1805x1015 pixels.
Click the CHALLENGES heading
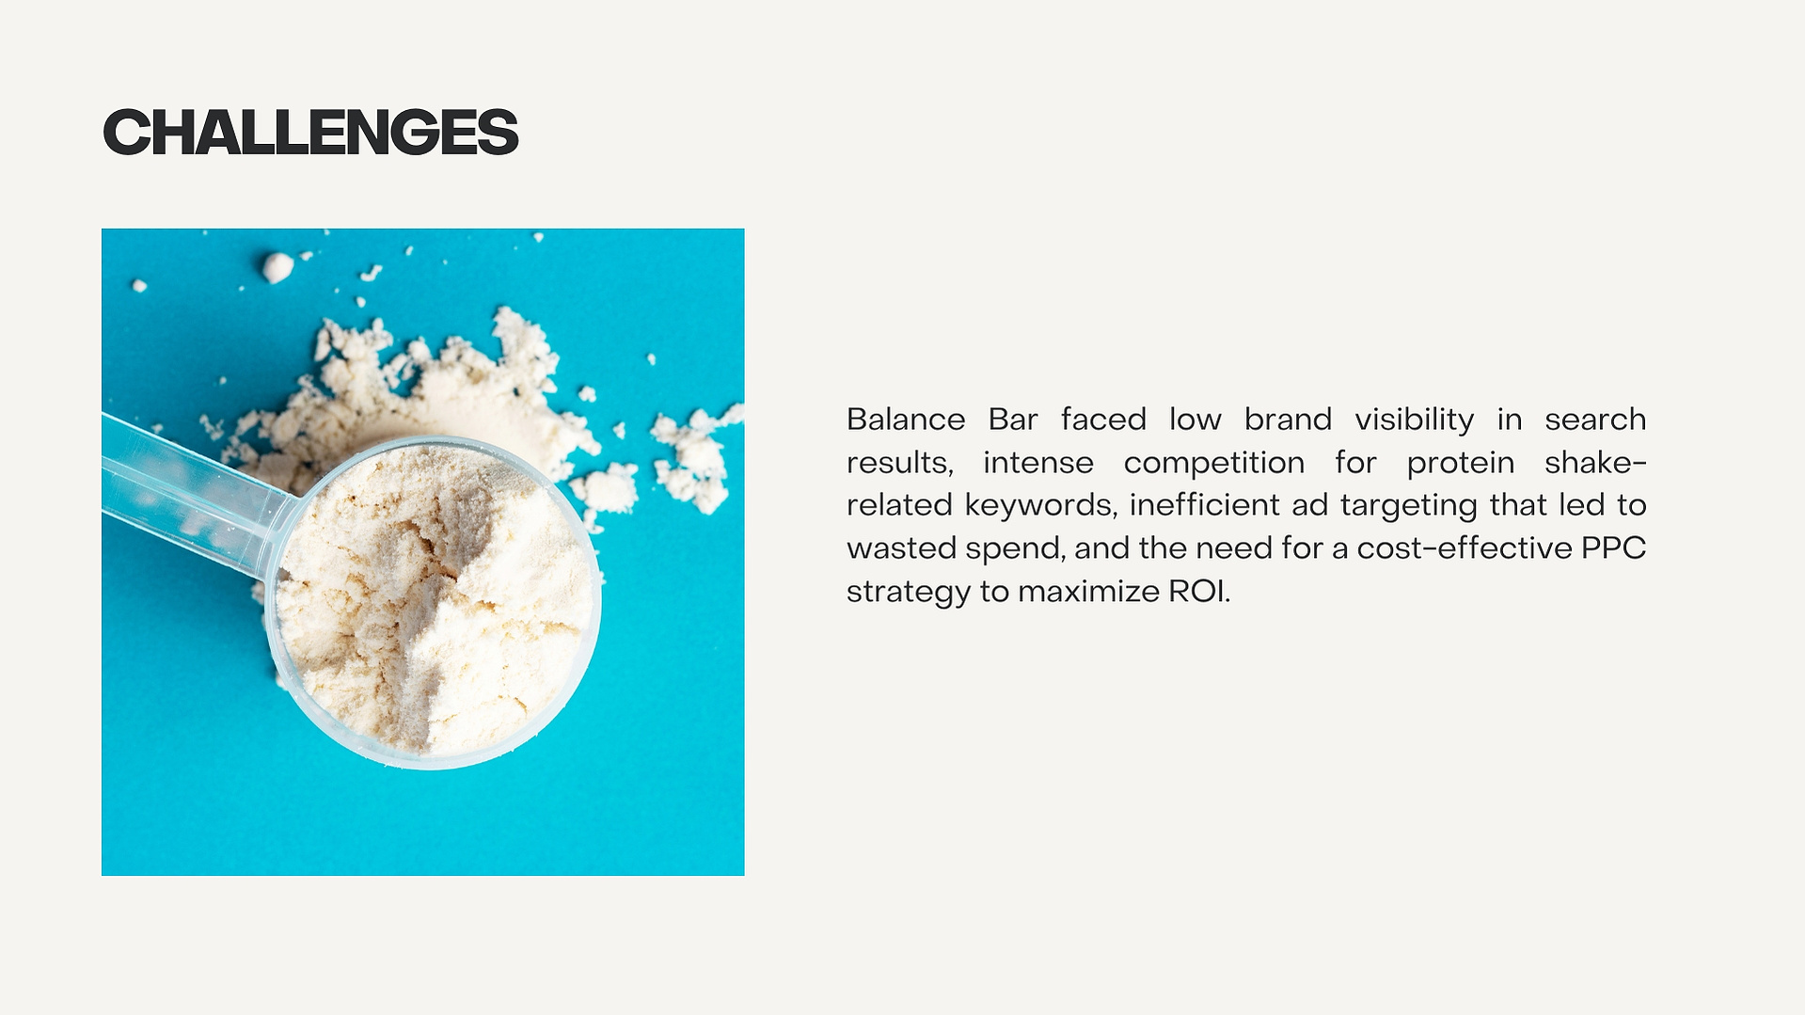tap(310, 132)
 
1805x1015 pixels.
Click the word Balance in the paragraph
tap(906, 419)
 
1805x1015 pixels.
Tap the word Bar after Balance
tap(1013, 419)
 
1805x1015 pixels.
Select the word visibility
tap(1415, 420)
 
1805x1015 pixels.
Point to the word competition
tap(1214, 463)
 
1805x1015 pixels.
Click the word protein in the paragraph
tap(1461, 463)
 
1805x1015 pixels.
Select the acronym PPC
tap(1613, 548)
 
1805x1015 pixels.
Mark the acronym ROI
tap(1199, 592)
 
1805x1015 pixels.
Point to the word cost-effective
tap(1465, 548)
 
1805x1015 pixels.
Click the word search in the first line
tap(1595, 419)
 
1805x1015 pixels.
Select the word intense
tap(1038, 463)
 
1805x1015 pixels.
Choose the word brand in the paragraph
tap(1288, 419)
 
